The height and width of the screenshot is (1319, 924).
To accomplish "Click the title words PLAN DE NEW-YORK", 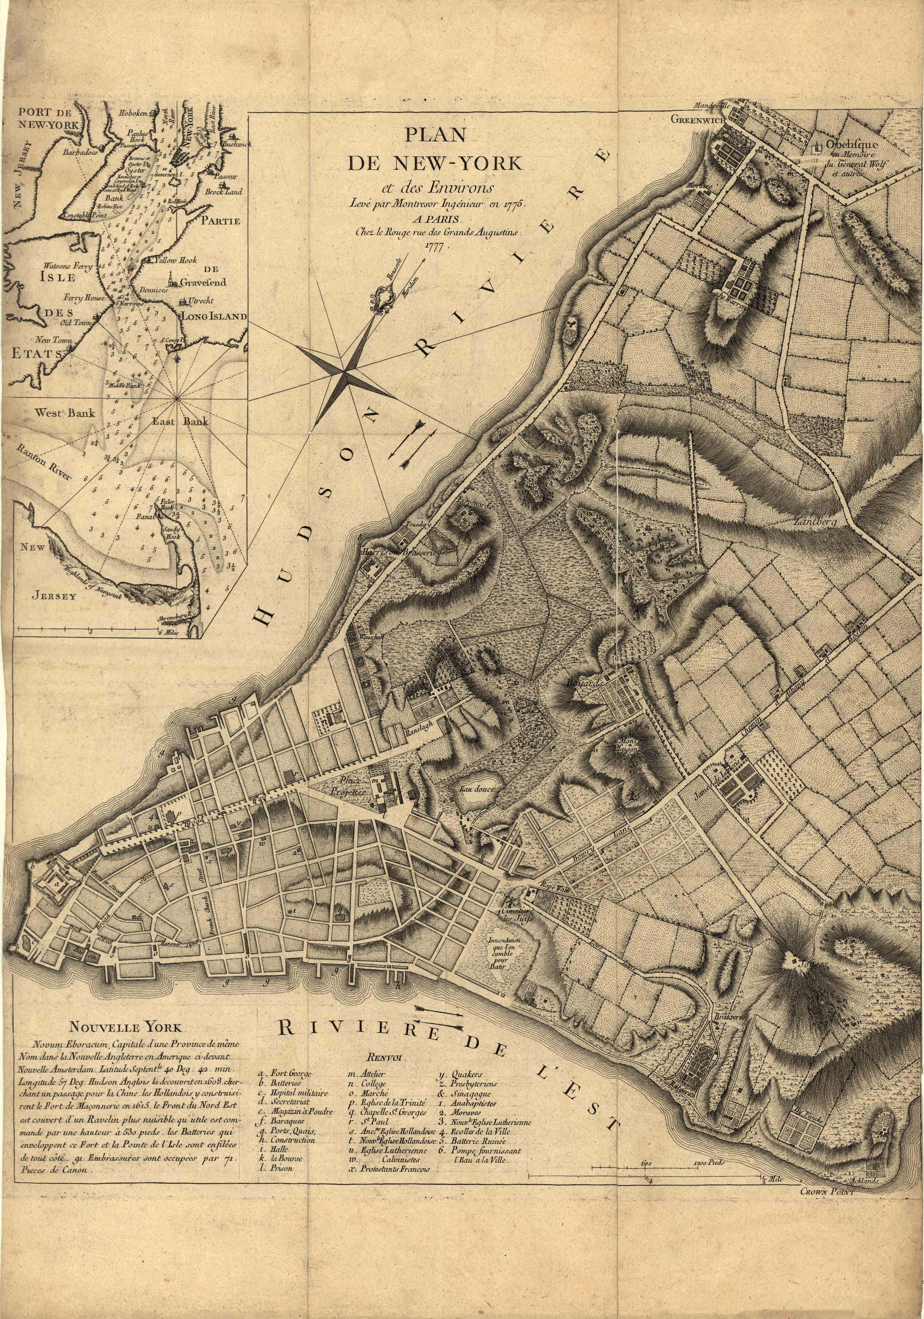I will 434,151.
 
